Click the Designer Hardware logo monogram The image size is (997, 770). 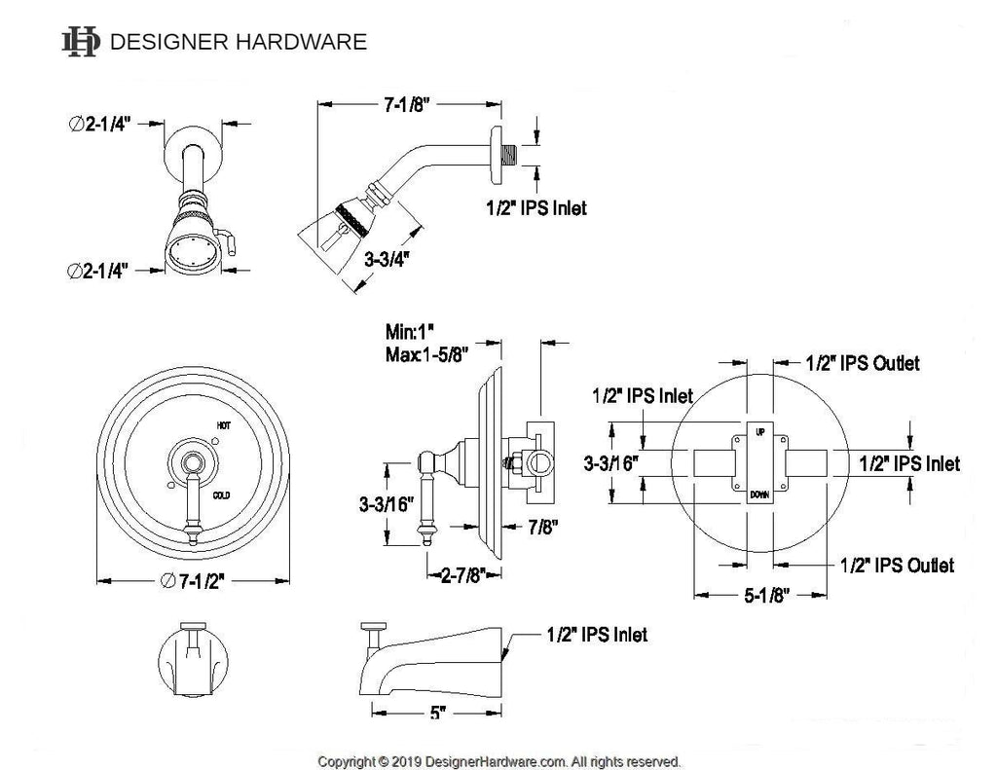click(80, 41)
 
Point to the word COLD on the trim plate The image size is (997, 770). click(223, 495)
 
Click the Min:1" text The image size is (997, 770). click(409, 331)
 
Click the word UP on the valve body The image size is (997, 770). click(759, 430)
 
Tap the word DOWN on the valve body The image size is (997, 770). click(759, 495)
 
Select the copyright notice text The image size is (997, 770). click(499, 760)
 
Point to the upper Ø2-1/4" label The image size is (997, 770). click(100, 124)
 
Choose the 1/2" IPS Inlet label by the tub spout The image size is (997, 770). click(594, 635)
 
